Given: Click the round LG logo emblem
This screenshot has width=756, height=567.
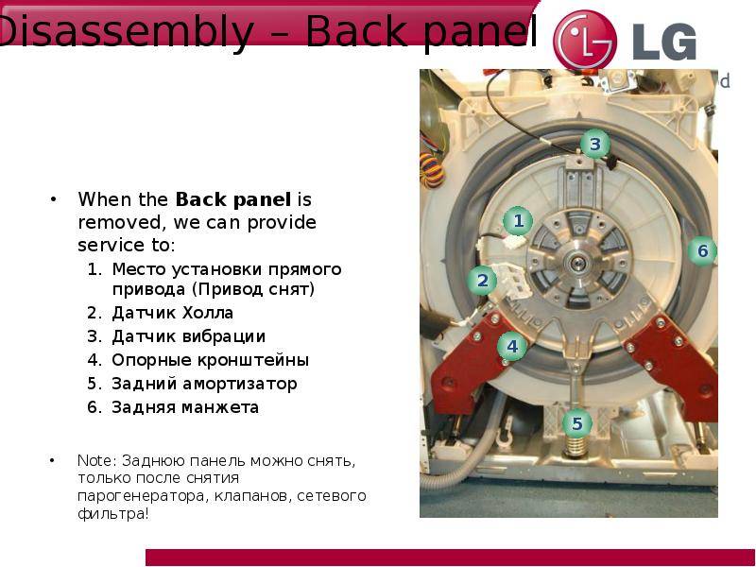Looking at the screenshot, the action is tap(585, 40).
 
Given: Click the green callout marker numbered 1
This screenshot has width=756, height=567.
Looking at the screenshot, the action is tap(518, 221).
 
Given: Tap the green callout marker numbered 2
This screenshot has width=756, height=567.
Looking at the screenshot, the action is tap(482, 280).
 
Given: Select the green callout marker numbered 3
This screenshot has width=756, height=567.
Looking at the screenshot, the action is tap(595, 144).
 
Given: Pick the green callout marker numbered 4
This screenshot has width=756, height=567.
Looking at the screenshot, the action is tap(512, 346).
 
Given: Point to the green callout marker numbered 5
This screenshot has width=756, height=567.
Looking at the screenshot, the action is tap(577, 423).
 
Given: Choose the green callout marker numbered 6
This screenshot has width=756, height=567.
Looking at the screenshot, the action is tap(702, 250).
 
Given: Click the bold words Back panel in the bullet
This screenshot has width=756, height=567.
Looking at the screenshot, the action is tap(232, 199).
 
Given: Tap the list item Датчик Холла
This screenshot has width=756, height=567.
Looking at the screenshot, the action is tap(172, 313).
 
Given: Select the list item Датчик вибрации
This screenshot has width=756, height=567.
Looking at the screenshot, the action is tap(188, 336).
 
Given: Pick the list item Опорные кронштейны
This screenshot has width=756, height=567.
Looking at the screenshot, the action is tap(210, 361).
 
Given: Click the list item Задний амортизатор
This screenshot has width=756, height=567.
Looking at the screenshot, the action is tap(204, 384).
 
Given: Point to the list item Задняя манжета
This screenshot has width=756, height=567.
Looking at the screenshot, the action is tap(185, 407).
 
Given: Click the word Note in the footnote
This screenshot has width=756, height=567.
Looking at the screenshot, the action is tap(94, 460).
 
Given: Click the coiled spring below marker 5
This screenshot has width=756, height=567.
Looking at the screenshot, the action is tap(576, 447).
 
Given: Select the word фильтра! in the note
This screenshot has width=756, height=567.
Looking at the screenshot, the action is tap(113, 514).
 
